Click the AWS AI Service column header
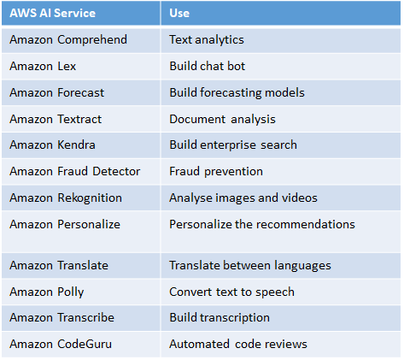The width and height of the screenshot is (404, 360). point(53,13)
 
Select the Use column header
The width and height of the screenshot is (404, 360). point(179,13)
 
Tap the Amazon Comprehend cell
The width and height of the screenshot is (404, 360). point(68,39)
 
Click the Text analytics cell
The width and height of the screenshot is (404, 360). point(207,40)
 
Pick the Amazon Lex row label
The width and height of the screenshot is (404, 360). point(43,66)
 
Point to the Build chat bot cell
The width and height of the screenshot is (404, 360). point(208,66)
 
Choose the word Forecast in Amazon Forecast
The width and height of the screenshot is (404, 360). point(81,92)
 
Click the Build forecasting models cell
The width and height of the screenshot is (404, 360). point(237,93)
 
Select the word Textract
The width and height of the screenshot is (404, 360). point(79,119)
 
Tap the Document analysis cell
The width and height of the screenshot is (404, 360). point(223,119)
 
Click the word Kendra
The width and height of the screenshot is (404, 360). point(76,145)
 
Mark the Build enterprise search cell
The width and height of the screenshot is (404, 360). point(233,145)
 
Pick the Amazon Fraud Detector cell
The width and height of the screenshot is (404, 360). point(75,171)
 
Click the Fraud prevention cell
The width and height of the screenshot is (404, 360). point(216,172)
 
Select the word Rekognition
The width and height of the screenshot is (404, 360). point(90,198)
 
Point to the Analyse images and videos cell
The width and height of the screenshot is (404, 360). point(243,198)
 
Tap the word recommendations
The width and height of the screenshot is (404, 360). point(306,224)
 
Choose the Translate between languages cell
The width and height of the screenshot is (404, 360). point(250,266)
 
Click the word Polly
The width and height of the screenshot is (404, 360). point(71,292)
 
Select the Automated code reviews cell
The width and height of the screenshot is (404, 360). point(238,344)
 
